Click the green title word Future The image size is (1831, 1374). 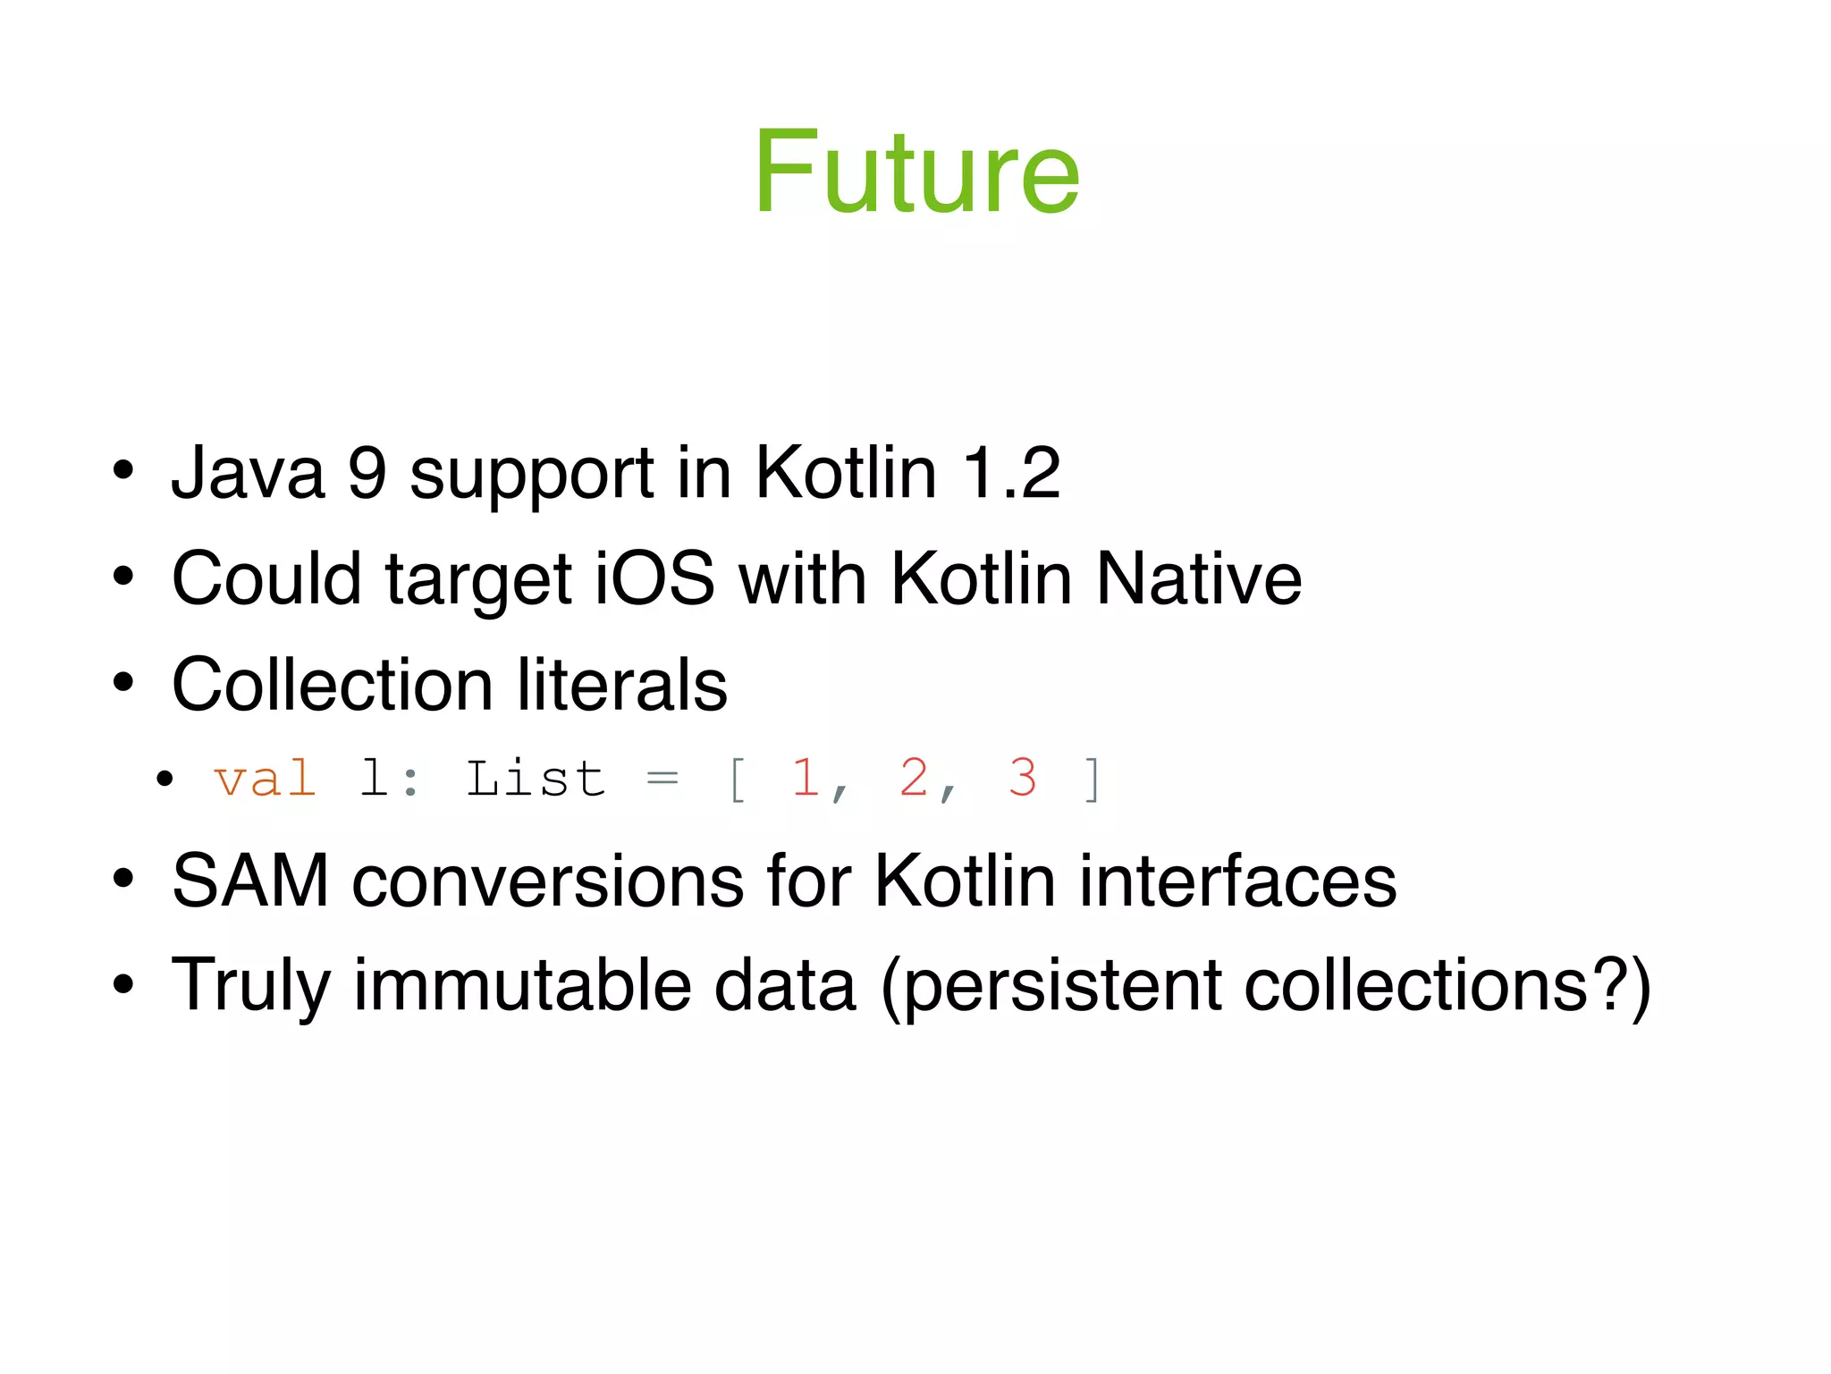pos(916,172)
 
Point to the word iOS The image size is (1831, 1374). pos(654,578)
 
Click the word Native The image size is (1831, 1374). pos(1198,578)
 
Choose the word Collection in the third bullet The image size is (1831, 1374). pos(332,685)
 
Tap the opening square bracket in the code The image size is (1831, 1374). pos(737,780)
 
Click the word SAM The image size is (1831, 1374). pos(250,881)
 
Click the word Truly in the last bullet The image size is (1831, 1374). pos(250,986)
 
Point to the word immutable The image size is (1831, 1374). pos(523,985)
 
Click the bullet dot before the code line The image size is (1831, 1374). pos(164,780)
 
